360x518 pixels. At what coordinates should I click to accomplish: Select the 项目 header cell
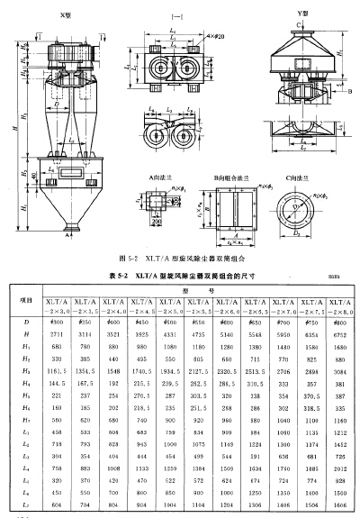click(26, 299)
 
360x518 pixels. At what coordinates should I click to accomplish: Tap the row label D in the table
click(26, 321)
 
